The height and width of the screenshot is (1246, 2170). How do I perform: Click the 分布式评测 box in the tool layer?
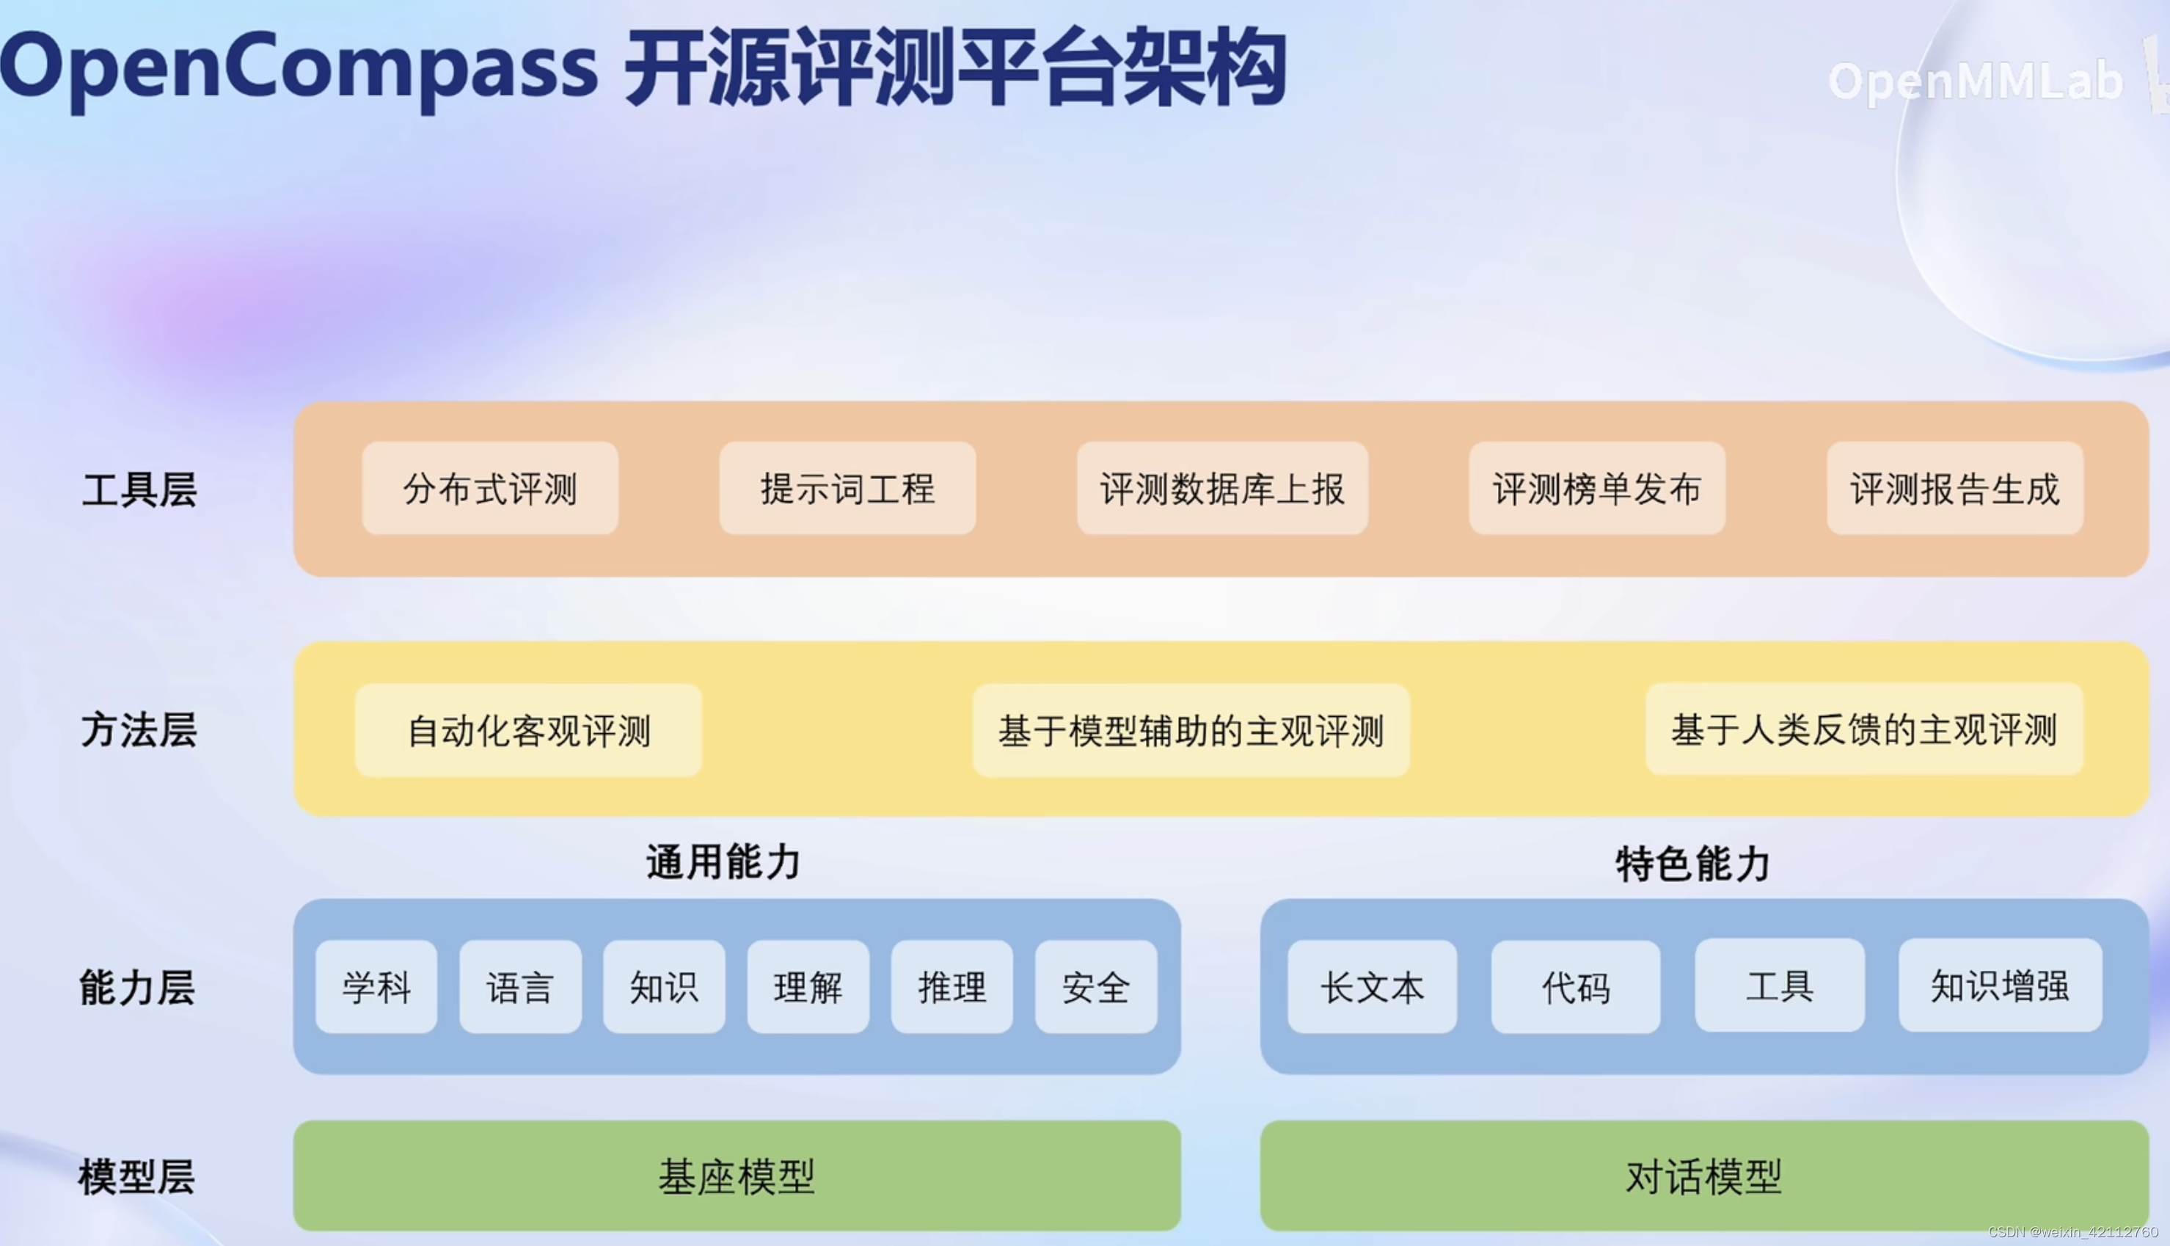tap(490, 488)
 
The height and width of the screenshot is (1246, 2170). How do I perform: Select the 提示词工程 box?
tap(847, 488)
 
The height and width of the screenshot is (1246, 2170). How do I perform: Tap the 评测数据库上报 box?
tap(1222, 488)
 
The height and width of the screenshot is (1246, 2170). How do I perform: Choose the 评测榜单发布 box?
tap(1597, 488)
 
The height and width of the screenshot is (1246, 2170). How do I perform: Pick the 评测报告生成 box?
tap(1955, 488)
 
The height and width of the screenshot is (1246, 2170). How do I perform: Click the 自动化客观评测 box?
tap(529, 730)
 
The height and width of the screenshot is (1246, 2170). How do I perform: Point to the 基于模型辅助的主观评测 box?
tap(1191, 730)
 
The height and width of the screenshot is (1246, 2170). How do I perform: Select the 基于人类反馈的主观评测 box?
tap(1865, 729)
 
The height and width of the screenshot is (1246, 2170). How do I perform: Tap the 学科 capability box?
tap(376, 987)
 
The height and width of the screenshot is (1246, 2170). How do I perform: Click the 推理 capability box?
tap(952, 987)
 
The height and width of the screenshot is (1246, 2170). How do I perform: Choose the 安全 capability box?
tap(1096, 987)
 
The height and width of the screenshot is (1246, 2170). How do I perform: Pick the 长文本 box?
tap(1372, 987)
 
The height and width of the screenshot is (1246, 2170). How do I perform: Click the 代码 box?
tap(1576, 987)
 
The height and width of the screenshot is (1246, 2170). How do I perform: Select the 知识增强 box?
tap(2000, 985)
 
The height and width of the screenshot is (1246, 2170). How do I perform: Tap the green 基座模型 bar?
tap(737, 1176)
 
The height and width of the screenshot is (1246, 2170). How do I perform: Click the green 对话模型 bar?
tap(1704, 1176)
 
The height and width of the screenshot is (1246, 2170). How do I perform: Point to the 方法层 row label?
tap(139, 730)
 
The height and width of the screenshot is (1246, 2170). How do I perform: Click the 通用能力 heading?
tap(723, 861)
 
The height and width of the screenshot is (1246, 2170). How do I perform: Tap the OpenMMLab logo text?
tap(1975, 81)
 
